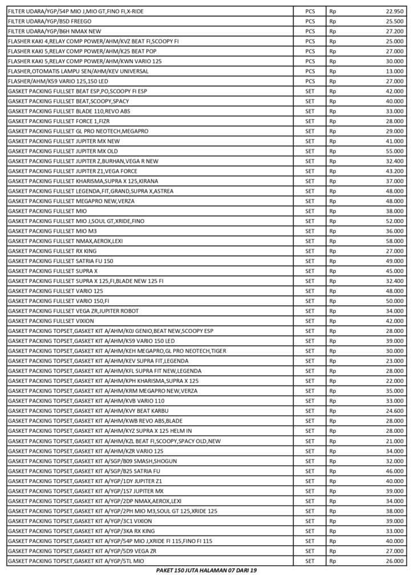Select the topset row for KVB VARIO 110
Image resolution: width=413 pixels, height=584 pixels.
point(86,400)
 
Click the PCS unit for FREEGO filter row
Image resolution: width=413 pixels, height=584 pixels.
point(310,21)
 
